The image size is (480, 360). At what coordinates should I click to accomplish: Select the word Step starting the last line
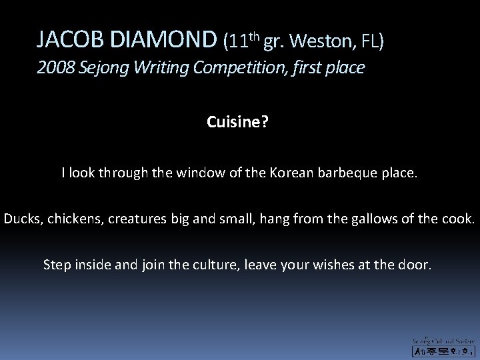click(57, 264)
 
